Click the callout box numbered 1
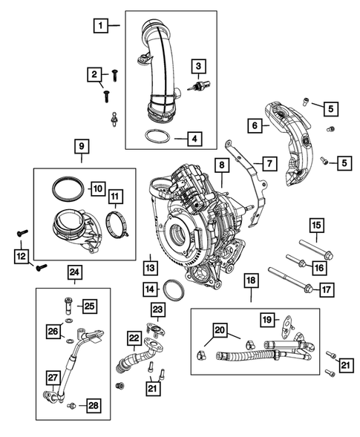click(x=99, y=25)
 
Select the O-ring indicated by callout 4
click(x=155, y=138)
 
